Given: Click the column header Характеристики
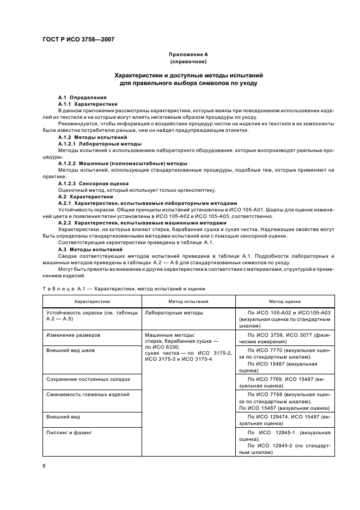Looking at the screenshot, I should (92, 301).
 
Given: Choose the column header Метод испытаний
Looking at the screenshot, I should (188, 301).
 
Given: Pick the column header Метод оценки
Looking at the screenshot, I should (284, 301).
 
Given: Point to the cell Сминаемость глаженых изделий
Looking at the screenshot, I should (88, 393).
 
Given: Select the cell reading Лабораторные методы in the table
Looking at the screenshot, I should (174, 313).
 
